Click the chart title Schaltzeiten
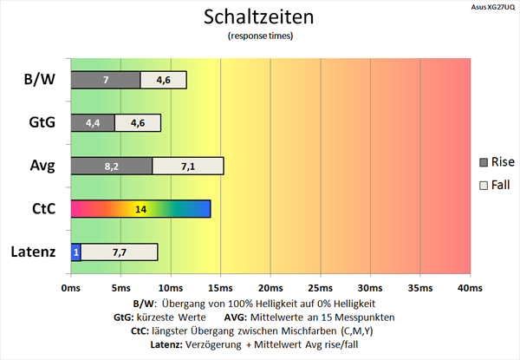[x=260, y=17]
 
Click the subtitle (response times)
[x=260, y=36]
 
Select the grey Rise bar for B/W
[x=105, y=80]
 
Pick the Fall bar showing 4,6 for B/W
[x=163, y=80]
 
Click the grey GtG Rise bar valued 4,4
[x=92, y=123]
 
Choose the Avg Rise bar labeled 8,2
[x=111, y=166]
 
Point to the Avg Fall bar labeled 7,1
[x=188, y=166]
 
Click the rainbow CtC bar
[x=140, y=209]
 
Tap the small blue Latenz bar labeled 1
[x=75, y=252]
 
